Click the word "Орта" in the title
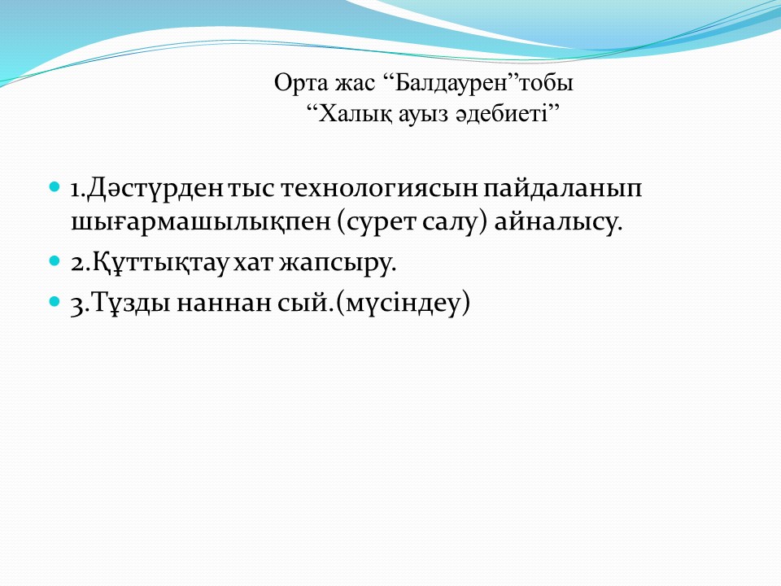coord(300,83)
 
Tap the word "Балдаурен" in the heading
coord(450,83)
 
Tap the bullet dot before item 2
coord(55,260)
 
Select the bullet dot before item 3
coord(55,301)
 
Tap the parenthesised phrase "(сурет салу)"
coord(412,222)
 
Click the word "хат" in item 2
coord(252,263)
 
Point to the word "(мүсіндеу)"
coord(403,303)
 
